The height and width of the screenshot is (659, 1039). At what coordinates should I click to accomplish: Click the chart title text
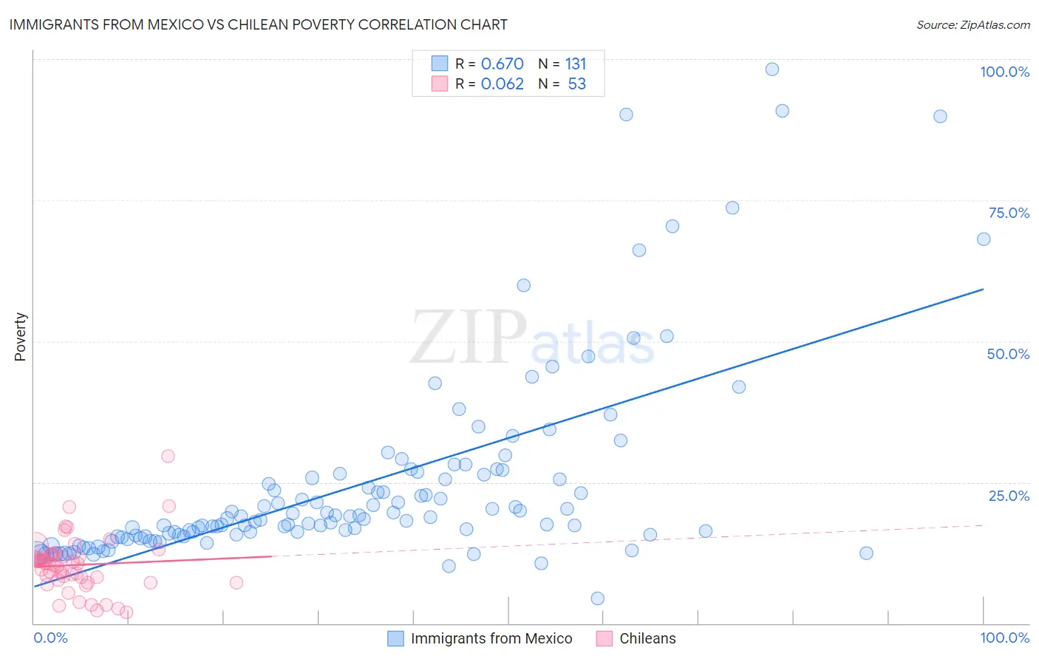(258, 24)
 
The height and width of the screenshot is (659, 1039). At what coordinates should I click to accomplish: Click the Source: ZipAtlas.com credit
(972, 24)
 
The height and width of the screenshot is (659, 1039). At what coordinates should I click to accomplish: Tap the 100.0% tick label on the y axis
(1004, 72)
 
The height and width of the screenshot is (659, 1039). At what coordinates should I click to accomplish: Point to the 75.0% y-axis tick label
(1009, 213)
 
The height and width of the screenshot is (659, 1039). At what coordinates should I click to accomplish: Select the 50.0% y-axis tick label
(1008, 354)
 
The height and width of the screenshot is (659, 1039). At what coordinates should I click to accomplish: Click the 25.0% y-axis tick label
(1009, 495)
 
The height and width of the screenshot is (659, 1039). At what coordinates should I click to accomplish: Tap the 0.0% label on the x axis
(50, 638)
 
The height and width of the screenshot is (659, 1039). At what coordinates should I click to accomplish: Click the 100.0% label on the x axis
(1004, 638)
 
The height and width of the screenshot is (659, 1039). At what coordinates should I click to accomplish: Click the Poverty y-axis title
(20, 337)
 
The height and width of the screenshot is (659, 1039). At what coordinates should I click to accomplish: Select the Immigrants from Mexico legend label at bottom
(491, 638)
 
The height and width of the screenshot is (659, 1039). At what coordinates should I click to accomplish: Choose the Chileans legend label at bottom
(647, 638)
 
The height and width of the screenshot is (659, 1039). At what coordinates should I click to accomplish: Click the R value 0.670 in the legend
(502, 64)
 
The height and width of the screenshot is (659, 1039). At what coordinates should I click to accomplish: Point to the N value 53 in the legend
(576, 84)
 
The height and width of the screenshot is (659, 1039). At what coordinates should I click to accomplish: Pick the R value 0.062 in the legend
(502, 84)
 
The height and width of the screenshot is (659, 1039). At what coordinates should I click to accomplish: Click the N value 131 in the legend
(576, 64)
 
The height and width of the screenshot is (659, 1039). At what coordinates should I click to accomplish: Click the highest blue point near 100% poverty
(772, 69)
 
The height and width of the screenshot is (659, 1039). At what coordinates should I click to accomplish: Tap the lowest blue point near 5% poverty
(598, 598)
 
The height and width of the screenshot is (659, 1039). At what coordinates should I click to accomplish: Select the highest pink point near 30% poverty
(168, 457)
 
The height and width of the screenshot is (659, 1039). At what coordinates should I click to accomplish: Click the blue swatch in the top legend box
(440, 64)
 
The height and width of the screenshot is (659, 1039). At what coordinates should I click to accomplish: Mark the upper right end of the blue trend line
(983, 289)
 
